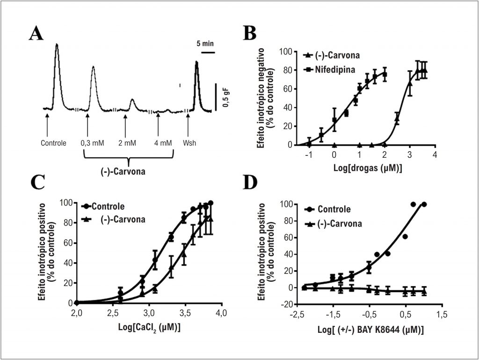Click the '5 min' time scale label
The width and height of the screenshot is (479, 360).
205,44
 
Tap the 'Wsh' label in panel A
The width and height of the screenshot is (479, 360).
189,143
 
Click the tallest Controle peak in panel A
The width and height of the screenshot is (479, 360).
57,45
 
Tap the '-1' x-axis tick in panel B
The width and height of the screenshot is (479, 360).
309,154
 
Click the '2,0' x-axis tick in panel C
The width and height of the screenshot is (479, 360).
76,312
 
